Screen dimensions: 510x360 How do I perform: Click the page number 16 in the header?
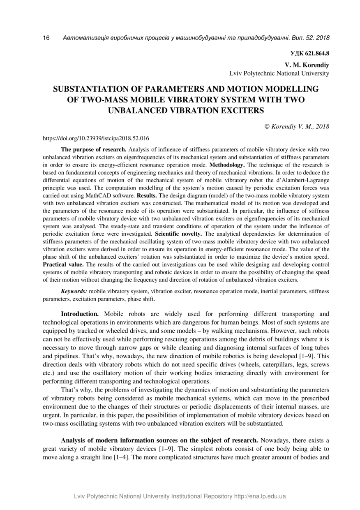coord(46,38)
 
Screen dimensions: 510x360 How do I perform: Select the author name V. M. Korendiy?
coord(307,65)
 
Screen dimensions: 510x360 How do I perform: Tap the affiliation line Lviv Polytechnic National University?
coord(279,73)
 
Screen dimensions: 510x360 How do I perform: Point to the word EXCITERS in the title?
coord(236,110)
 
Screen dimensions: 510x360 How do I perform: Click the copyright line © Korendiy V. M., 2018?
coord(297,127)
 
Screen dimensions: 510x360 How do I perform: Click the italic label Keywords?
coord(74,291)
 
